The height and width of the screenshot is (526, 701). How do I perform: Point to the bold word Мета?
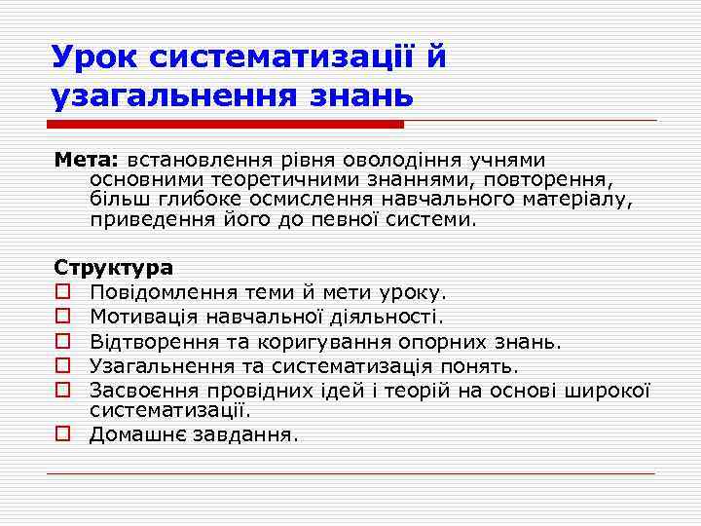coord(86,160)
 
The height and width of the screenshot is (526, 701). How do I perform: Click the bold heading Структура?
coord(114,267)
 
